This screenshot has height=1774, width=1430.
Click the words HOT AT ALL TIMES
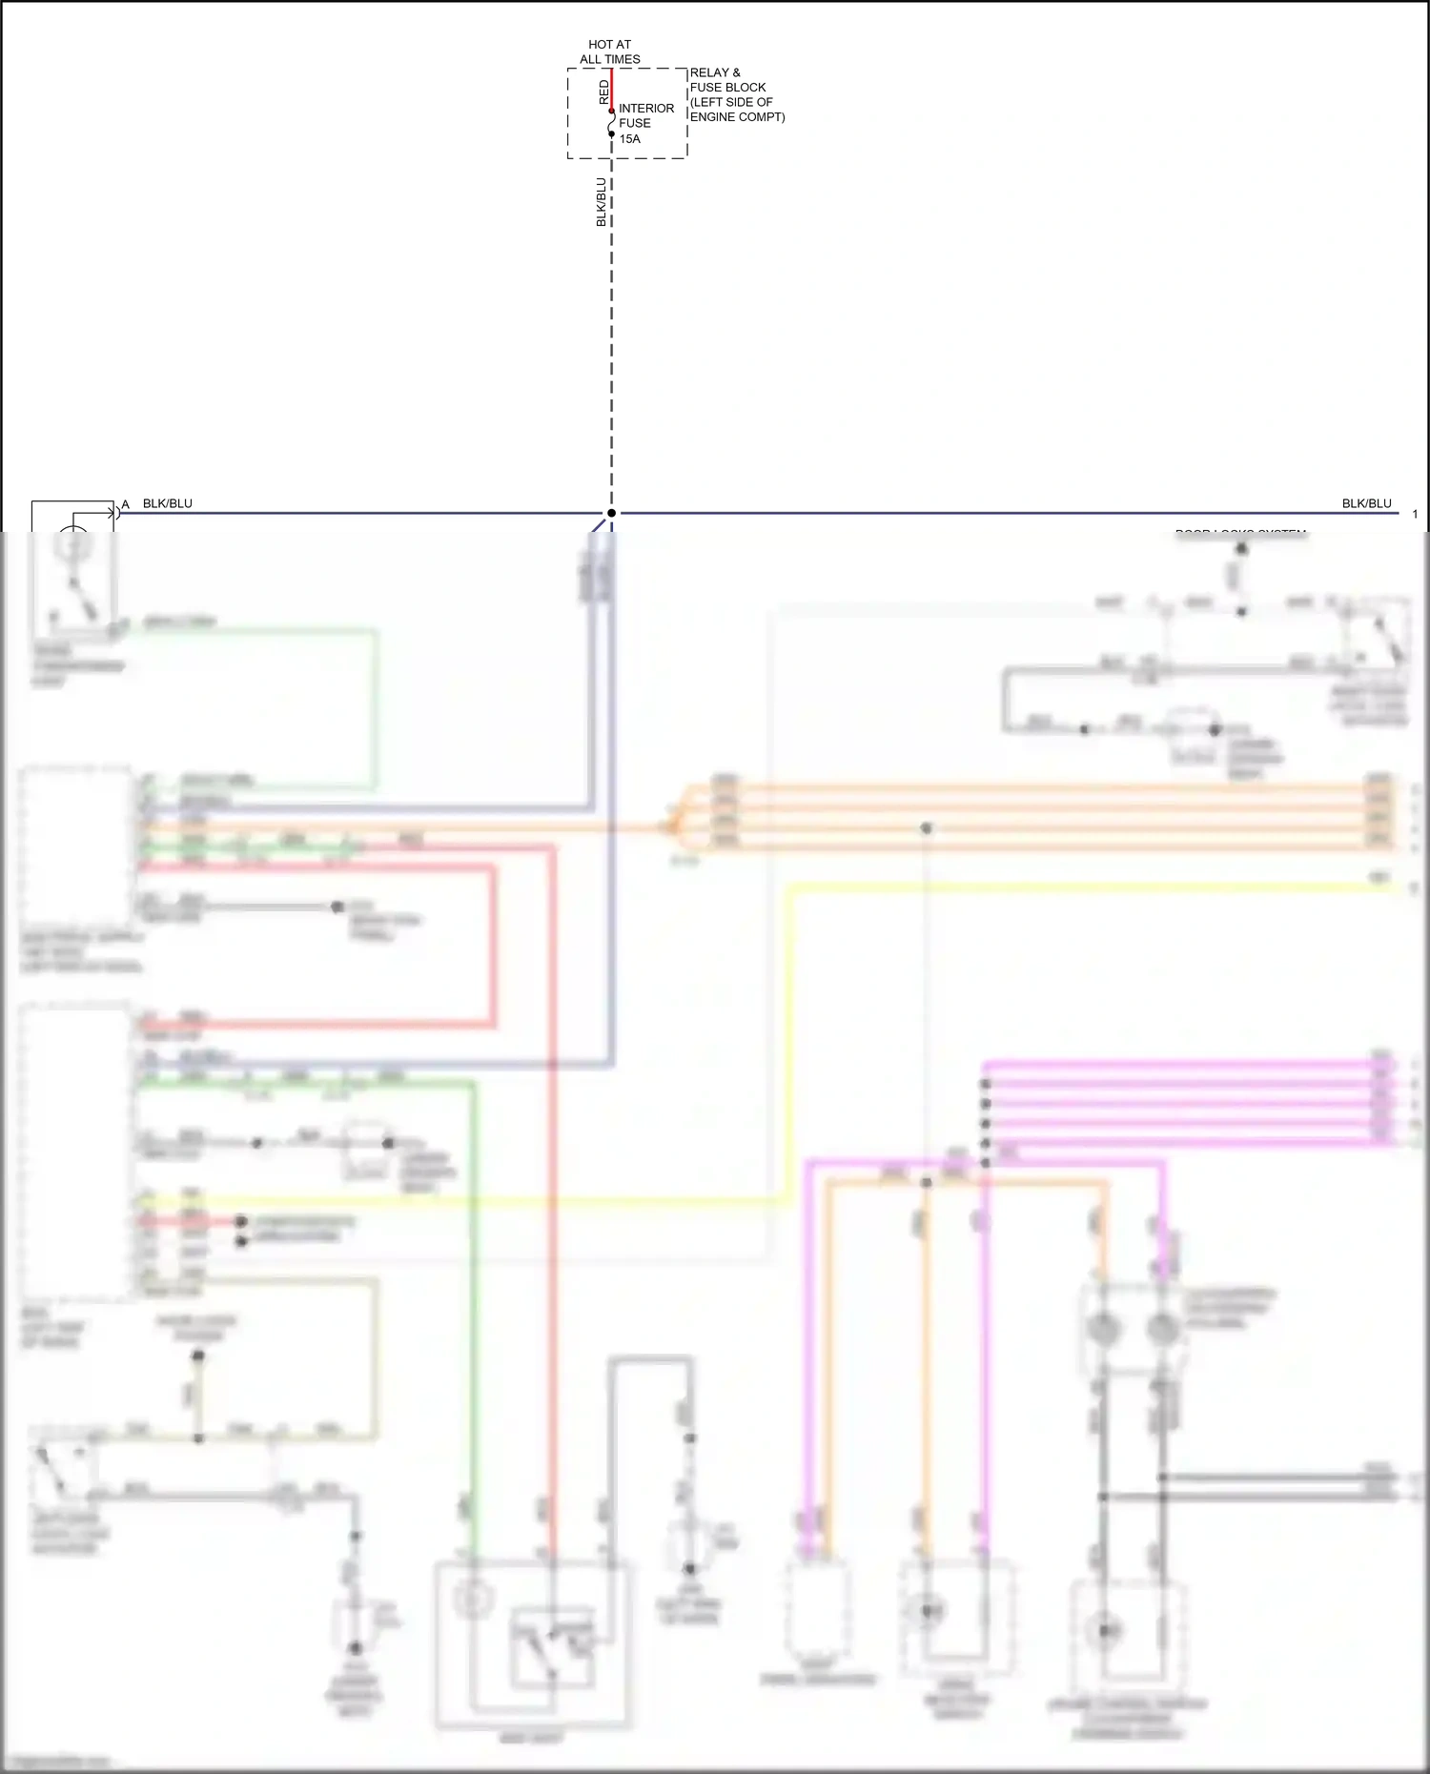(610, 51)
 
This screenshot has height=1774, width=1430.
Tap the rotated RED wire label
(603, 92)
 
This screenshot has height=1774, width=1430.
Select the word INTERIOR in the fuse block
(646, 109)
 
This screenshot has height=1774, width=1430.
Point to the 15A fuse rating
(630, 139)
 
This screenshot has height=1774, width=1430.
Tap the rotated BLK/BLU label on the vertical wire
(602, 202)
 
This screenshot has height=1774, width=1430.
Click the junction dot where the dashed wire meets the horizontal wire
(612, 513)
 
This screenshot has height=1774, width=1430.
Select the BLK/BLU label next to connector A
(168, 503)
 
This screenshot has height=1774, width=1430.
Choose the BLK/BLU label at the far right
(1366, 503)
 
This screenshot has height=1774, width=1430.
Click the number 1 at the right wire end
(1415, 515)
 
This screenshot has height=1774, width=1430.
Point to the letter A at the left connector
(125, 504)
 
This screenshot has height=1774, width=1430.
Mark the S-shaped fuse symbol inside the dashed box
(612, 122)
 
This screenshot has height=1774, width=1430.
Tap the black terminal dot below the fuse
(612, 134)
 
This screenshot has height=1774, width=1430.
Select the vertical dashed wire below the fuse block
(612, 334)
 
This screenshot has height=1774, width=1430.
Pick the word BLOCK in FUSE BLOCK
(746, 88)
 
